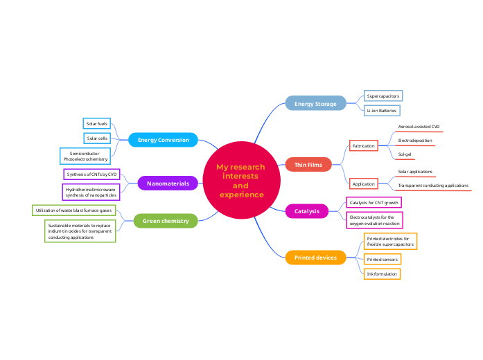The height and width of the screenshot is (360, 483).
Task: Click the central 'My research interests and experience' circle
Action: (x=241, y=181)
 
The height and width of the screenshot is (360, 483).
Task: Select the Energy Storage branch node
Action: (x=315, y=104)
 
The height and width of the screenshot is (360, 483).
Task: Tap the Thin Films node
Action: (x=308, y=165)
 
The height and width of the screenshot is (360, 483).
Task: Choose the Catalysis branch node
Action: (x=307, y=211)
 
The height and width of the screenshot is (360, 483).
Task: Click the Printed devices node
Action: (x=315, y=258)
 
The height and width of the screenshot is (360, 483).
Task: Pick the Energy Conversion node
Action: (x=163, y=140)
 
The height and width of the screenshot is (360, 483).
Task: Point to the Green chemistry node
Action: (x=166, y=221)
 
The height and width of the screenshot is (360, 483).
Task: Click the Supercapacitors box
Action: (x=383, y=96)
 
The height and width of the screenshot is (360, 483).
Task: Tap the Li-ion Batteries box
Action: (x=382, y=110)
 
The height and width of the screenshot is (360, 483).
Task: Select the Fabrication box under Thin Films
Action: (x=363, y=146)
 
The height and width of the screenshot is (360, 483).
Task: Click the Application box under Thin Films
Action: (x=363, y=184)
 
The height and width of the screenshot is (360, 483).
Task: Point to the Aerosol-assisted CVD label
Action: (x=419, y=127)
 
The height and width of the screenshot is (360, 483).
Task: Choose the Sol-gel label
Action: (x=405, y=154)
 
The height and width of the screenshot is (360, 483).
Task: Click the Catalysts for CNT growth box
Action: (x=374, y=203)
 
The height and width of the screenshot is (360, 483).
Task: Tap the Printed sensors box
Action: (x=383, y=259)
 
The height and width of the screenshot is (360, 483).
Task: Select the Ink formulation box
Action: (x=383, y=274)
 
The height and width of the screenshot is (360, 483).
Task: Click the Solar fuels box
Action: (x=97, y=123)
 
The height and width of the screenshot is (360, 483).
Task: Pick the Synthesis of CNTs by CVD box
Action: (x=92, y=174)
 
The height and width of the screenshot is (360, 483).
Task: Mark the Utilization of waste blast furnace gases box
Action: (x=73, y=210)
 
